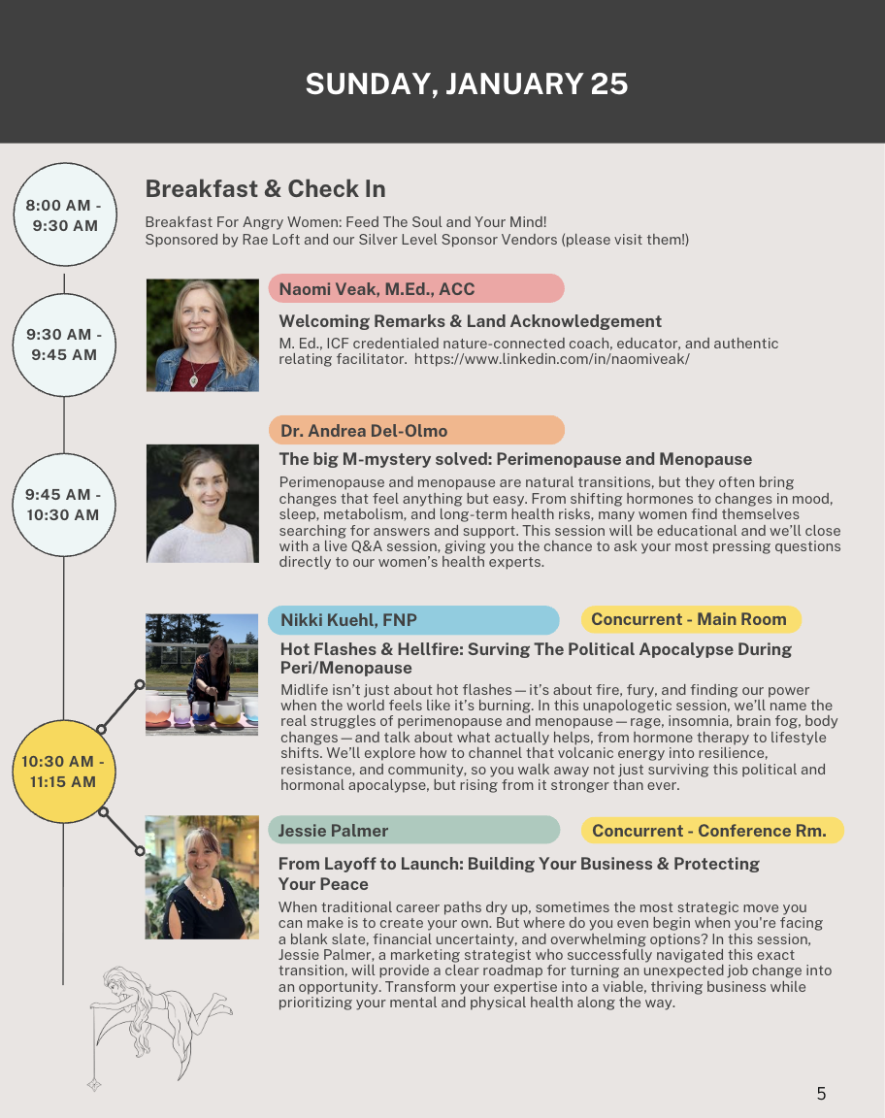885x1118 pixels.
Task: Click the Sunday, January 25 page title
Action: click(x=467, y=84)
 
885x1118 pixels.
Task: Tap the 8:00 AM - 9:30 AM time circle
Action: click(x=64, y=215)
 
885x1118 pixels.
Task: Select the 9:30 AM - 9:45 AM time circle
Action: click(x=64, y=345)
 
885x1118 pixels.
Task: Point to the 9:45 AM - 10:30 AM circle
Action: click(x=64, y=505)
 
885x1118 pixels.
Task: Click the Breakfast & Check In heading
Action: click(x=265, y=189)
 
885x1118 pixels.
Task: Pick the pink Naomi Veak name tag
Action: click(x=416, y=288)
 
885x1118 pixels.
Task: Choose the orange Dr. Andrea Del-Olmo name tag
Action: click(x=416, y=430)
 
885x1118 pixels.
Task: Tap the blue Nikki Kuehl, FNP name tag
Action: click(x=414, y=620)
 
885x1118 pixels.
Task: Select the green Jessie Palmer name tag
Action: click(x=414, y=830)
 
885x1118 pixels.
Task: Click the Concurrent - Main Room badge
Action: click(x=690, y=619)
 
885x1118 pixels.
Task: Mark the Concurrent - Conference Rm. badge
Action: click(x=710, y=830)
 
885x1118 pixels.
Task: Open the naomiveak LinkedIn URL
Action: click(x=552, y=359)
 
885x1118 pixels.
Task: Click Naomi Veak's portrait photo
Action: click(x=203, y=335)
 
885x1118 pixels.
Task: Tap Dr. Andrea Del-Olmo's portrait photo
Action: click(x=203, y=503)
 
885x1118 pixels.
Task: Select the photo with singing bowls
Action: click(x=202, y=674)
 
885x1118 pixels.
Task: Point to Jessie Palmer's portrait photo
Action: click(x=202, y=877)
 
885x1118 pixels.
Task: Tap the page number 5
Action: click(x=821, y=1094)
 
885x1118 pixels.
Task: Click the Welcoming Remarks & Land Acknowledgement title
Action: click(x=471, y=321)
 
